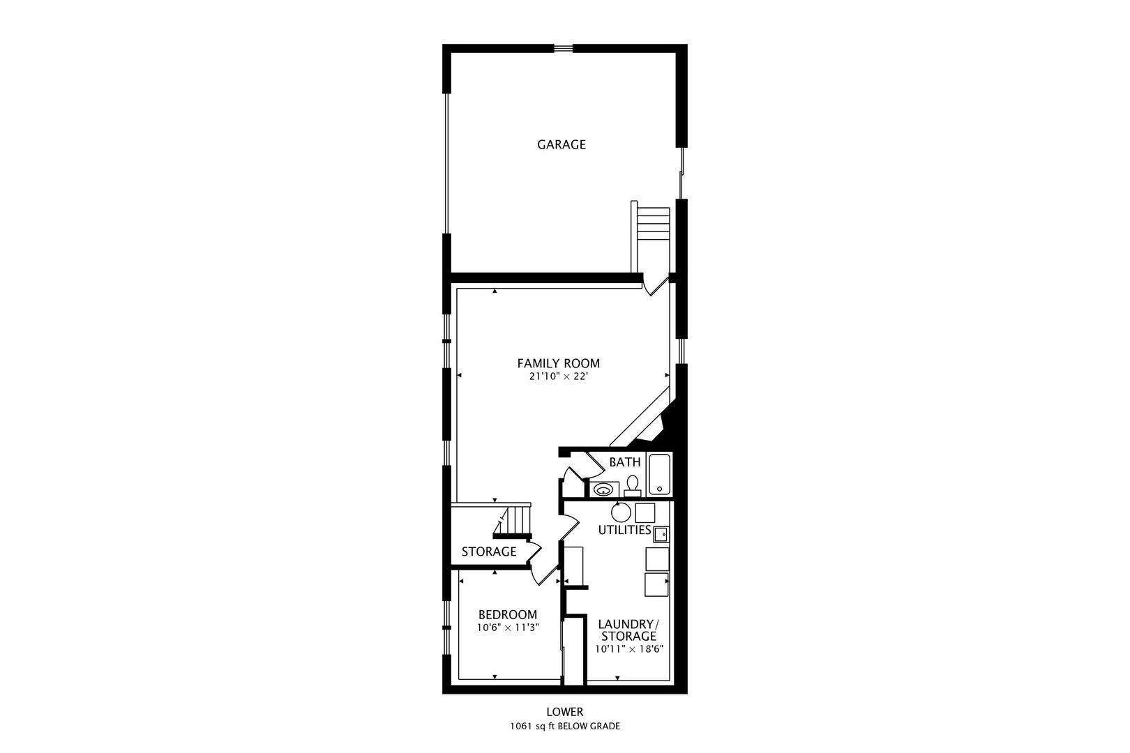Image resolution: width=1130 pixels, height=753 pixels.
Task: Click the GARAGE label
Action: tap(561, 145)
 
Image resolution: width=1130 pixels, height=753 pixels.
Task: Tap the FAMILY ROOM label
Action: tap(559, 363)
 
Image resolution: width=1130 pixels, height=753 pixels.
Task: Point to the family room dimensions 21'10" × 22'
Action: tap(559, 376)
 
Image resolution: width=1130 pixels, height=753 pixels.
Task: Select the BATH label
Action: tap(624, 462)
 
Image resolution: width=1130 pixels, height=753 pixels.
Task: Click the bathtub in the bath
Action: tap(659, 474)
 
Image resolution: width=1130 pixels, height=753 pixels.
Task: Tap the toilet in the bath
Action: tap(631, 486)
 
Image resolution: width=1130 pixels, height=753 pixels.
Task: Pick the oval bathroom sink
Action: tap(603, 489)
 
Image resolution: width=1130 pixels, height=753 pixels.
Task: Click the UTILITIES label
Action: tap(624, 530)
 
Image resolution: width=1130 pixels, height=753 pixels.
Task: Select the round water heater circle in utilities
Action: tap(621, 512)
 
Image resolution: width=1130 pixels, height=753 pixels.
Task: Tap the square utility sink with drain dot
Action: tap(661, 534)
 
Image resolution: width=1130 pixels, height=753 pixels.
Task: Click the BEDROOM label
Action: tap(508, 615)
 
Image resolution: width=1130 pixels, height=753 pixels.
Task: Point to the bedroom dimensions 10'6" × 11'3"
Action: tap(508, 628)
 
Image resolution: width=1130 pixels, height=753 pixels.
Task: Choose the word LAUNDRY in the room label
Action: tap(625, 624)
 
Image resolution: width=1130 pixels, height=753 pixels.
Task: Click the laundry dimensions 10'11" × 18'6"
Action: tap(628, 649)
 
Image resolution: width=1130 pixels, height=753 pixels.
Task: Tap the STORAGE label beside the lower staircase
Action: tap(489, 552)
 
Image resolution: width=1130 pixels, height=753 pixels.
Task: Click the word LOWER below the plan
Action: tap(565, 712)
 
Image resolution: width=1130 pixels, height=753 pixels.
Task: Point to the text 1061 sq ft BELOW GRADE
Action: tap(565, 727)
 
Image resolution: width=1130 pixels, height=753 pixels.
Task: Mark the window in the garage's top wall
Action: tap(563, 48)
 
